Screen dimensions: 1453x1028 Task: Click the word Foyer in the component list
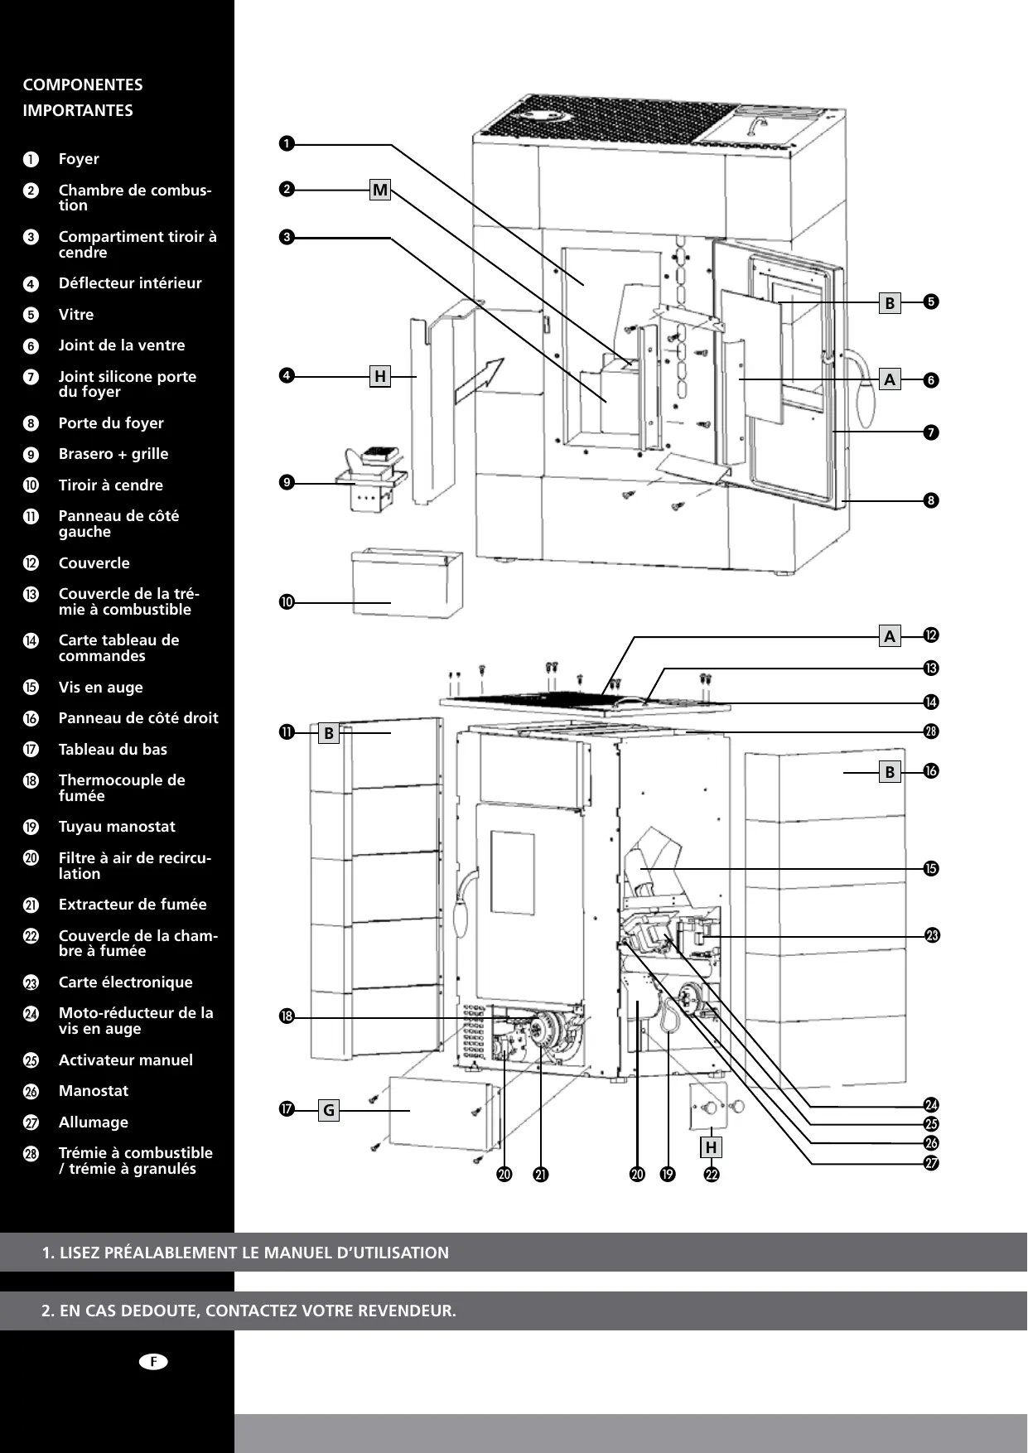(79, 159)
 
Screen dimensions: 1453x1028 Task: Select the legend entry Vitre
(76, 315)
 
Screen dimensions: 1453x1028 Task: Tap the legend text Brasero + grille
(113, 454)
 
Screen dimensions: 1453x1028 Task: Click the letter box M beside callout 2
(380, 191)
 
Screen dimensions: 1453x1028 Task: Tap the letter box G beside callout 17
(329, 1110)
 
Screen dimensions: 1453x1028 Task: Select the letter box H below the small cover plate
(711, 1148)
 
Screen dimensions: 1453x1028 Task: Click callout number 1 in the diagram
(287, 144)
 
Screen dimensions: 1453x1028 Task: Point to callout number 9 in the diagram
(287, 482)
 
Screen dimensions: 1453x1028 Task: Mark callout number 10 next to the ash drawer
(287, 602)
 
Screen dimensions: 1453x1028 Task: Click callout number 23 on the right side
(932, 936)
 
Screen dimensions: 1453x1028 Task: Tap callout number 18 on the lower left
(287, 1017)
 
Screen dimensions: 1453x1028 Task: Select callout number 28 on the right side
(931, 731)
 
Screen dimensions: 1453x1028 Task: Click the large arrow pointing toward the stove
(480, 381)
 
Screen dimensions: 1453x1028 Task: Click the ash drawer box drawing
(407, 583)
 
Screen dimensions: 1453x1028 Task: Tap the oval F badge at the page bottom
(153, 1362)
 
